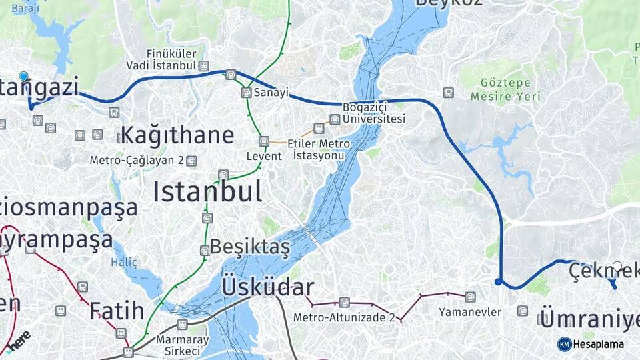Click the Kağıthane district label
pyautogui.click(x=177, y=135)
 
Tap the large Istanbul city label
pyautogui.click(x=207, y=192)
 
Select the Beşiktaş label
pyautogui.click(x=250, y=247)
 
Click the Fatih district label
pyautogui.click(x=117, y=311)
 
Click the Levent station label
pyautogui.click(x=264, y=156)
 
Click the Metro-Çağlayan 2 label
pyautogui.click(x=137, y=161)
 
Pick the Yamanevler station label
pyautogui.click(x=469, y=312)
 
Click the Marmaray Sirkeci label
pyautogui.click(x=178, y=345)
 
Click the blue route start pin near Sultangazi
pyautogui.click(x=24, y=77)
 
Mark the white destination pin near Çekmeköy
pyautogui.click(x=617, y=267)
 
